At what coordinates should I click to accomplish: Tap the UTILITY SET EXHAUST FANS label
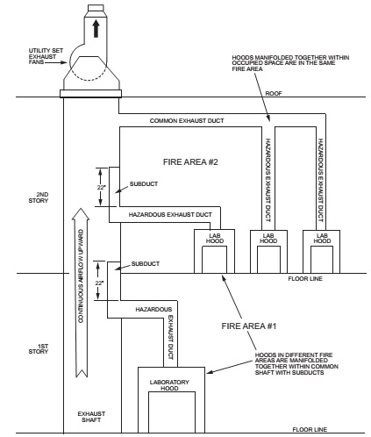pyautogui.click(x=46, y=56)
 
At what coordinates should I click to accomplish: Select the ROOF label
pyautogui.click(x=274, y=93)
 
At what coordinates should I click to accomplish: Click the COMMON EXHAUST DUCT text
pyautogui.click(x=187, y=120)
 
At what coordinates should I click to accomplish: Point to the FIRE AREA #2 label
pyautogui.click(x=190, y=161)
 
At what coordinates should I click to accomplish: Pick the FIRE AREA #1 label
pyautogui.click(x=249, y=326)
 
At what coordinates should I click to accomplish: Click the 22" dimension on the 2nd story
pyautogui.click(x=101, y=187)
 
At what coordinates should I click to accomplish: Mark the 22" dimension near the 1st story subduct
pyautogui.click(x=99, y=283)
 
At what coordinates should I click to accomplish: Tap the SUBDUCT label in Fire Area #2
pyautogui.click(x=144, y=183)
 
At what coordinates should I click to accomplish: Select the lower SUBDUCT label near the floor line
pyautogui.click(x=146, y=263)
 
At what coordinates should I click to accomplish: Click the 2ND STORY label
pyautogui.click(x=39, y=197)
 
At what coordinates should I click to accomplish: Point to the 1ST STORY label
pyautogui.click(x=39, y=348)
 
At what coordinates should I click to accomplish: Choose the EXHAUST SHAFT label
pyautogui.click(x=91, y=417)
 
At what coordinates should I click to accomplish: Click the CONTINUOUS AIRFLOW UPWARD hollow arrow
pyautogui.click(x=82, y=292)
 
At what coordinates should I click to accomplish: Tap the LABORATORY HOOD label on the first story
pyautogui.click(x=169, y=385)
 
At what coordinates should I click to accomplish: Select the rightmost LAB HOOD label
pyautogui.click(x=322, y=238)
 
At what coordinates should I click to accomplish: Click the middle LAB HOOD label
pyautogui.click(x=268, y=238)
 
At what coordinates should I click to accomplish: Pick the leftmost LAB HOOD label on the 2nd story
pyautogui.click(x=215, y=238)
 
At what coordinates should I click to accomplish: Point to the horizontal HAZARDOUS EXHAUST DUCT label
pyautogui.click(x=170, y=214)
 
